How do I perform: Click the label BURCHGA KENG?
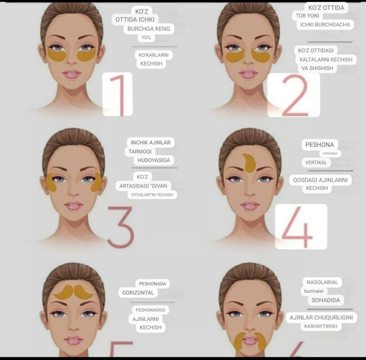tap(149, 29)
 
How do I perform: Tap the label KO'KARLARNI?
tap(154, 55)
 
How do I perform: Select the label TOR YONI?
tap(307, 16)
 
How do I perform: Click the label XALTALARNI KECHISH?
tap(326, 60)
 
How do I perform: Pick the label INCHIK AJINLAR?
tap(150, 142)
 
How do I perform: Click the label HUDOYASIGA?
tap(154, 160)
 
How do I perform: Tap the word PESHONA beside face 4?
tap(320, 145)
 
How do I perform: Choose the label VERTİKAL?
tap(316, 162)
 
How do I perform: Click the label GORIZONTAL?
tap(138, 293)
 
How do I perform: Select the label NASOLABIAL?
tap(322, 282)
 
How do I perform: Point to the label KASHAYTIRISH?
tap(321, 326)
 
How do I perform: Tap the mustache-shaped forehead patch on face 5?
tap(73, 292)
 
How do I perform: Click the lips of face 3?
tap(73, 206)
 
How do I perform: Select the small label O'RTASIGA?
tap(330, 153)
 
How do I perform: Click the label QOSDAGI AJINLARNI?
tap(320, 180)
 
